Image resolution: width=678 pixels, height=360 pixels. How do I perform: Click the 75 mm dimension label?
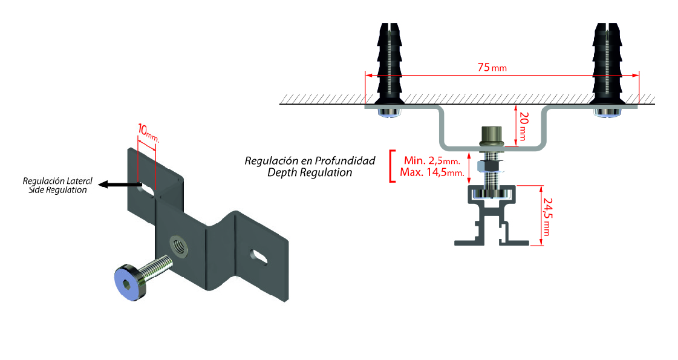click(x=492, y=68)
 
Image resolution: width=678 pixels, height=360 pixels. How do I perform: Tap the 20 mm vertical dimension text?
click(x=524, y=128)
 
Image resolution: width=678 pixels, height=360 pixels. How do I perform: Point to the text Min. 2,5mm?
click(x=431, y=161)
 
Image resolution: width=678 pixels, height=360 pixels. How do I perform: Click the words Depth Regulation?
click(x=310, y=172)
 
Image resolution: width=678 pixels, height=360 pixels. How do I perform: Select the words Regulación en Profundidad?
click(x=310, y=161)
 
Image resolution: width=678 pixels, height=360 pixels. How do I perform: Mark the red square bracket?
click(x=393, y=166)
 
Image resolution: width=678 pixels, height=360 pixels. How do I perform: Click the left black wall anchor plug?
click(x=388, y=64)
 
